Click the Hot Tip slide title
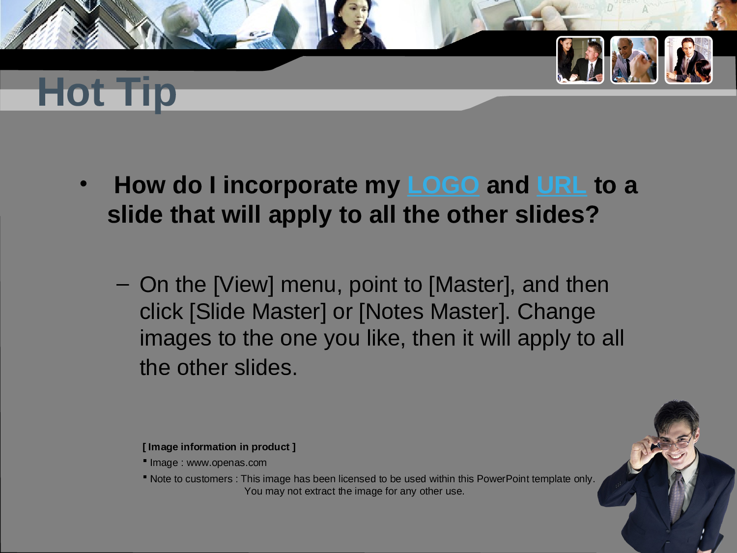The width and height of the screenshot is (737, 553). pyautogui.click(x=107, y=92)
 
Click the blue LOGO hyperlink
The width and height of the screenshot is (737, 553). pyautogui.click(x=443, y=185)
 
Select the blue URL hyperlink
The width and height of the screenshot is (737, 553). pyautogui.click(x=561, y=185)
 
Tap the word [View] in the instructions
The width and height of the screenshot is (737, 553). pyautogui.click(x=243, y=285)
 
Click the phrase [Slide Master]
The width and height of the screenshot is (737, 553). pyautogui.click(x=257, y=312)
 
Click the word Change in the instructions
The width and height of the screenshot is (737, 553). pyautogui.click(x=556, y=312)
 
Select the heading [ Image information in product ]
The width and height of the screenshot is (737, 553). pyautogui.click(x=219, y=447)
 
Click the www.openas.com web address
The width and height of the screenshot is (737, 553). pyautogui.click(x=227, y=463)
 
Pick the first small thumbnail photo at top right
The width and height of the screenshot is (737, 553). pyautogui.click(x=580, y=60)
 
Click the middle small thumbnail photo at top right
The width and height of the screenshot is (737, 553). pyautogui.click(x=634, y=60)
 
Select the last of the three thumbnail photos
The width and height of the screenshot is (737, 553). pyautogui.click(x=688, y=60)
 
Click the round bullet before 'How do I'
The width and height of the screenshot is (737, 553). pyautogui.click(x=84, y=184)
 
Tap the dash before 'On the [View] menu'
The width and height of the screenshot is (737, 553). pyautogui.click(x=123, y=284)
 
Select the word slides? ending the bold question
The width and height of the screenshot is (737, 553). pyautogui.click(x=557, y=215)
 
